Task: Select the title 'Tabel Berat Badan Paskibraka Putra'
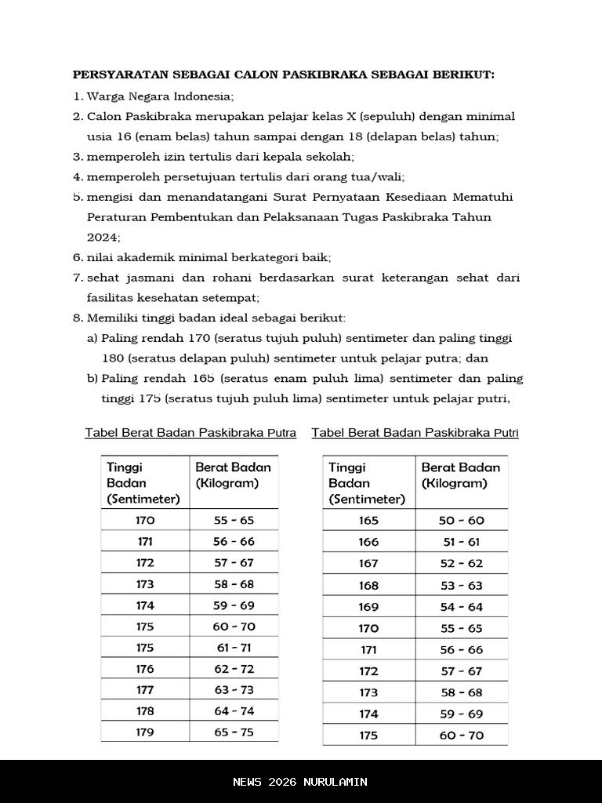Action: tap(190, 433)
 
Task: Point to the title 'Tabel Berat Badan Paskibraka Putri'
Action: tap(415, 433)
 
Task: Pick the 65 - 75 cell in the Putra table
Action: tap(234, 732)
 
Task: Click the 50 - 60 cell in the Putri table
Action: tap(461, 521)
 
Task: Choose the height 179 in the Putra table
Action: tap(145, 732)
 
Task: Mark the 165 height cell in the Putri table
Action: tap(368, 521)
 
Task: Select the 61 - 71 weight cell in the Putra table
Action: tap(234, 648)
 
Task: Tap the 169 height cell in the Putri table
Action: tap(368, 607)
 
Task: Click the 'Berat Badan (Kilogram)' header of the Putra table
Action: tap(233, 475)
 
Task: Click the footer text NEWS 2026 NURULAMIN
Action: tap(300, 782)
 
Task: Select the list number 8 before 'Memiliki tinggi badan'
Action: tap(77, 318)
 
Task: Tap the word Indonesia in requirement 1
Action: tap(204, 96)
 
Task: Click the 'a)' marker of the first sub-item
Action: tap(92, 338)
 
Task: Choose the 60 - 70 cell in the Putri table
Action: tap(461, 736)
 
